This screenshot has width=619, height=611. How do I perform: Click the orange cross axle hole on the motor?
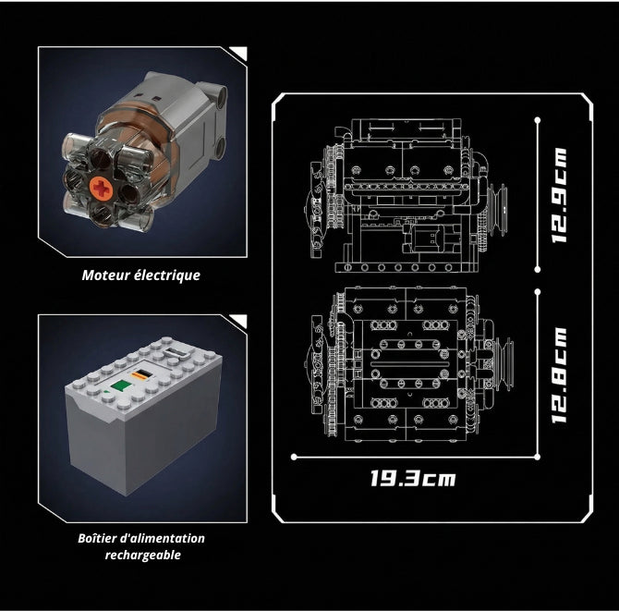click(x=103, y=188)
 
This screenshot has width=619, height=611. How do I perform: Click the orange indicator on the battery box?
click(x=140, y=374)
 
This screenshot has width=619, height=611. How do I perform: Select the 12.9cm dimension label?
click(x=560, y=196)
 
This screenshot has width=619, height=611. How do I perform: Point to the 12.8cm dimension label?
click(x=560, y=375)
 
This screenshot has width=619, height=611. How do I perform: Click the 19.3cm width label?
click(x=413, y=478)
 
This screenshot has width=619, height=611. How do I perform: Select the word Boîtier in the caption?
click(x=96, y=538)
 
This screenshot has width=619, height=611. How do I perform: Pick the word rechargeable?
click(x=143, y=555)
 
